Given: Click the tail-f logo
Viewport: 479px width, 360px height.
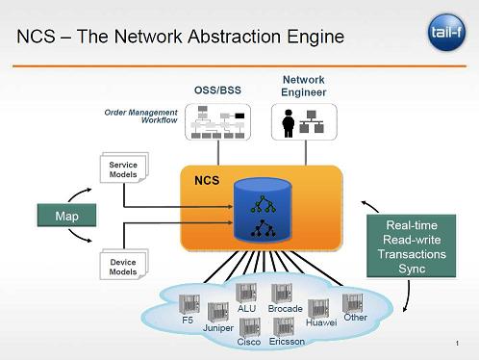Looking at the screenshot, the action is click(446, 32).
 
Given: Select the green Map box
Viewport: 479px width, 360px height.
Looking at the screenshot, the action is click(66, 216).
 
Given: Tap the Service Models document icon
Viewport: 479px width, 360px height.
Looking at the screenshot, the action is click(124, 167).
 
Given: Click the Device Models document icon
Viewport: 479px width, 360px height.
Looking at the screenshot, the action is click(124, 265).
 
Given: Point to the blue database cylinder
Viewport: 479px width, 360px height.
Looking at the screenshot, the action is click(263, 210).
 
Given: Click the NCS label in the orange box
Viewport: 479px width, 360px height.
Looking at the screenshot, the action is click(207, 180).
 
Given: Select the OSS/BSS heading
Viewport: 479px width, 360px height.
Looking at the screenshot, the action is click(217, 90).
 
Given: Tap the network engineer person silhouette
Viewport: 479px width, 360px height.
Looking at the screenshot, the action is click(288, 123).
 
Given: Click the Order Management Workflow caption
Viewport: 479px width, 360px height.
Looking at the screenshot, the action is click(141, 116).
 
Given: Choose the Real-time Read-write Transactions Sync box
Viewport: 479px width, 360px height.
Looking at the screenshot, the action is click(412, 246).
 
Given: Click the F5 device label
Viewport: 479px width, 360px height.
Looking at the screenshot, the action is click(188, 321).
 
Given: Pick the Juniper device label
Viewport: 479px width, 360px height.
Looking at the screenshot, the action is click(218, 328).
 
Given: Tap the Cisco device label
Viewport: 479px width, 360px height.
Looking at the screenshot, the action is click(249, 342).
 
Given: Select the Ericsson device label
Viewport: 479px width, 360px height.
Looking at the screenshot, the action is click(287, 342).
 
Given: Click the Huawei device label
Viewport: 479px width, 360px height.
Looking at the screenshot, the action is click(321, 322).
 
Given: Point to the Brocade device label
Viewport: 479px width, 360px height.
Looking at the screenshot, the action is click(286, 309).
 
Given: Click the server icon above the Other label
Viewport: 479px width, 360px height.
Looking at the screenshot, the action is click(353, 303).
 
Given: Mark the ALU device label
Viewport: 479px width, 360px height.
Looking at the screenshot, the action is click(246, 309).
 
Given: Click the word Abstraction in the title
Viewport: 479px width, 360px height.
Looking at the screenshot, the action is click(234, 37).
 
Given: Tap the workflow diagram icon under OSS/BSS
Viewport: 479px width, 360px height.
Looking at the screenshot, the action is click(218, 122).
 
